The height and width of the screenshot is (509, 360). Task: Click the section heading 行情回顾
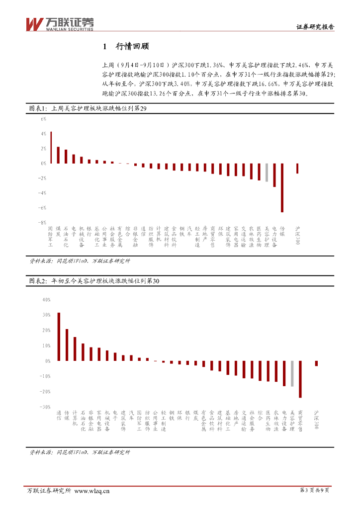[x=132, y=47]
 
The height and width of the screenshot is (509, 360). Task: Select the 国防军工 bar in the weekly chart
[x=51, y=147]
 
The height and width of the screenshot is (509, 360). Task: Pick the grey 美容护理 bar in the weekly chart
[x=267, y=172]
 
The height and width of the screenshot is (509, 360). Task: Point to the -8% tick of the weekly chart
[x=43, y=222]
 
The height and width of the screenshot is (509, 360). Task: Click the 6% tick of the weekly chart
[x=43, y=119]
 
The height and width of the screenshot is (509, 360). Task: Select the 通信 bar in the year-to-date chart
[x=59, y=337]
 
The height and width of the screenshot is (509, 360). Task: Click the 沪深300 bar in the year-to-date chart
[x=316, y=363]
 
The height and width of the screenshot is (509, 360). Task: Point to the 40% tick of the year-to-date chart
[x=47, y=300]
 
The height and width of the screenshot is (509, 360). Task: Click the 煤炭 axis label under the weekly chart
[x=58, y=231]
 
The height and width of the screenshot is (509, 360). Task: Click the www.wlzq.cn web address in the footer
[x=92, y=491]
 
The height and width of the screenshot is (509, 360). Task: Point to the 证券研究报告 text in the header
[x=315, y=28]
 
